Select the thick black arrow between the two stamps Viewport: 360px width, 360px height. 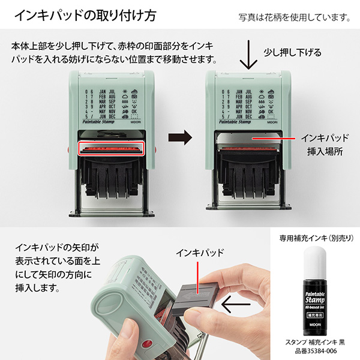(x=179, y=137)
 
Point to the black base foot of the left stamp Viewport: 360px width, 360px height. (x=111, y=214)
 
